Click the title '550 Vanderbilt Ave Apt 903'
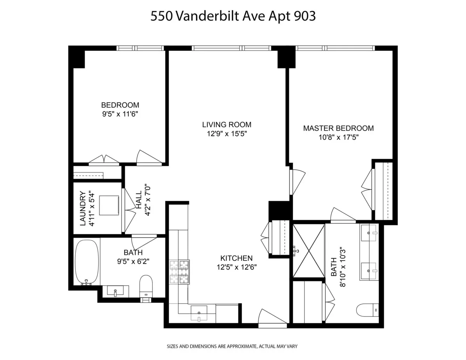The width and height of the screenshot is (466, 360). pos(233,16)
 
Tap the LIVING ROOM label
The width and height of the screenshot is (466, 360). pos(227,125)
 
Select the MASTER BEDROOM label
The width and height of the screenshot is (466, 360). pos(338,128)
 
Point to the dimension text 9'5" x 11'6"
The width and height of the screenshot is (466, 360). pos(120,114)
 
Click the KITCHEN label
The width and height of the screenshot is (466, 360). pos(236,258)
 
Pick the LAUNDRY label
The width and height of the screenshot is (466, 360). pos(82,208)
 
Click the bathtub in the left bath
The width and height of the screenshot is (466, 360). pos(87,263)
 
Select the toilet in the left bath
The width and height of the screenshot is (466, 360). pos(146,286)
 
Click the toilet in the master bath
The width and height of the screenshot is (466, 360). pos(367,310)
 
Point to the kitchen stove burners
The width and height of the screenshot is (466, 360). pos(179,271)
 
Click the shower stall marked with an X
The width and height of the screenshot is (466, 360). pos(309,251)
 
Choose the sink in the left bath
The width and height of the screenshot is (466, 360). pos(115,291)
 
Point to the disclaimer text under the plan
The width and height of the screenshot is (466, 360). pos(232,346)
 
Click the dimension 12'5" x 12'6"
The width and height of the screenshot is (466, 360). pos(236,267)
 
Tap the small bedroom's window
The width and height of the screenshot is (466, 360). pos(140,49)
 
